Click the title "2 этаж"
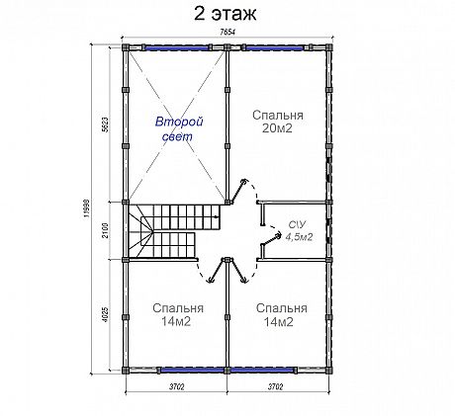tap(225, 14)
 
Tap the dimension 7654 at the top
tap(227, 32)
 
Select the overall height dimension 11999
tap(86, 208)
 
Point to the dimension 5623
tap(105, 125)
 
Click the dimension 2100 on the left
tap(105, 230)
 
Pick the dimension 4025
tap(105, 315)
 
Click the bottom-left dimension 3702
tap(177, 387)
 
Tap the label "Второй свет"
tap(179, 128)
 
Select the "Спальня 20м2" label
tap(278, 122)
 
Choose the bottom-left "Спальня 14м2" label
tap(178, 314)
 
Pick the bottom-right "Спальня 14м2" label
tap(281, 314)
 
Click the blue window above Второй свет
tap(177, 48)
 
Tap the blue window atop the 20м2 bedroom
tap(274, 48)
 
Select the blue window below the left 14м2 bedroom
tap(192, 371)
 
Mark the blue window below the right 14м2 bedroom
tap(262, 371)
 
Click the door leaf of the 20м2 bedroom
tap(238, 191)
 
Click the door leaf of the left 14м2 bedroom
tap(218, 270)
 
